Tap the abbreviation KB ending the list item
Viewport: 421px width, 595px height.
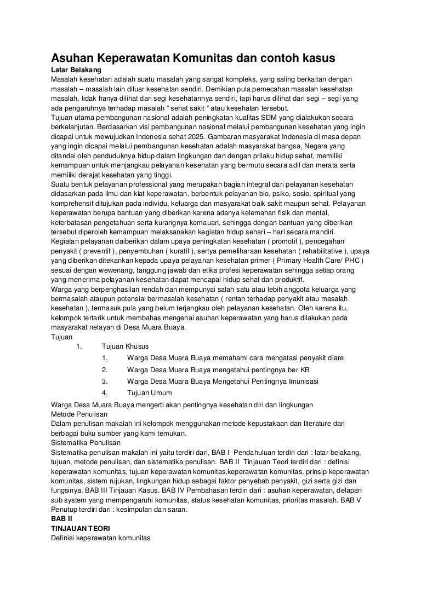click(304, 369)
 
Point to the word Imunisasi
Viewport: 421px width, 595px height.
click(299, 381)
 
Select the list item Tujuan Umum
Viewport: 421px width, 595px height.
click(149, 392)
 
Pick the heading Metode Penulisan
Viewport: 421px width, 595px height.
click(79, 414)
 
